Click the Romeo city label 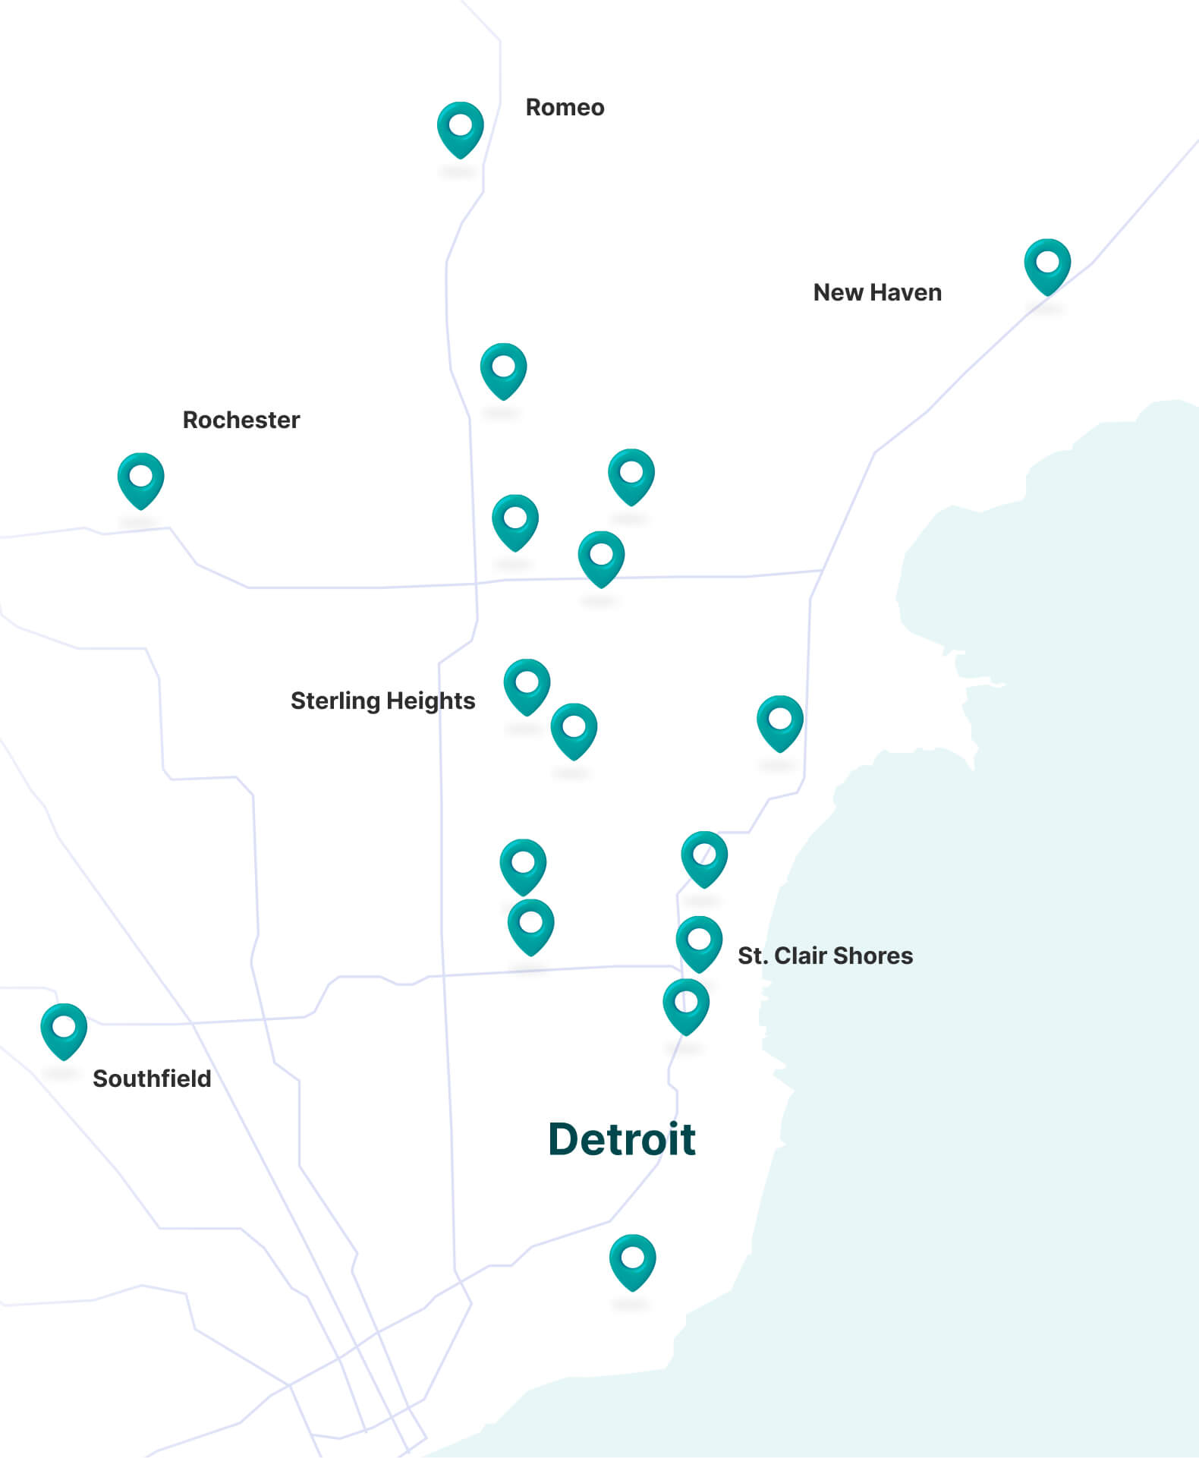(x=565, y=108)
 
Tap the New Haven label (x=877, y=293)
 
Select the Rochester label (x=241, y=420)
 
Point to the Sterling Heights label (x=382, y=701)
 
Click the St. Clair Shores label (x=825, y=956)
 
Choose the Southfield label (x=152, y=1079)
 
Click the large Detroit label (x=622, y=1139)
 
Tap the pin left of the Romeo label (x=460, y=128)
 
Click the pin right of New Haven (x=1047, y=265)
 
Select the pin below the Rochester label (x=140, y=479)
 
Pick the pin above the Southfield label (x=64, y=1029)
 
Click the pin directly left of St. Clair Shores (x=699, y=942)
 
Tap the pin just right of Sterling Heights (x=527, y=685)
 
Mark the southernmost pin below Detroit (x=632, y=1261)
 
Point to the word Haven (x=906, y=293)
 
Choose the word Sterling (x=335, y=701)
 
